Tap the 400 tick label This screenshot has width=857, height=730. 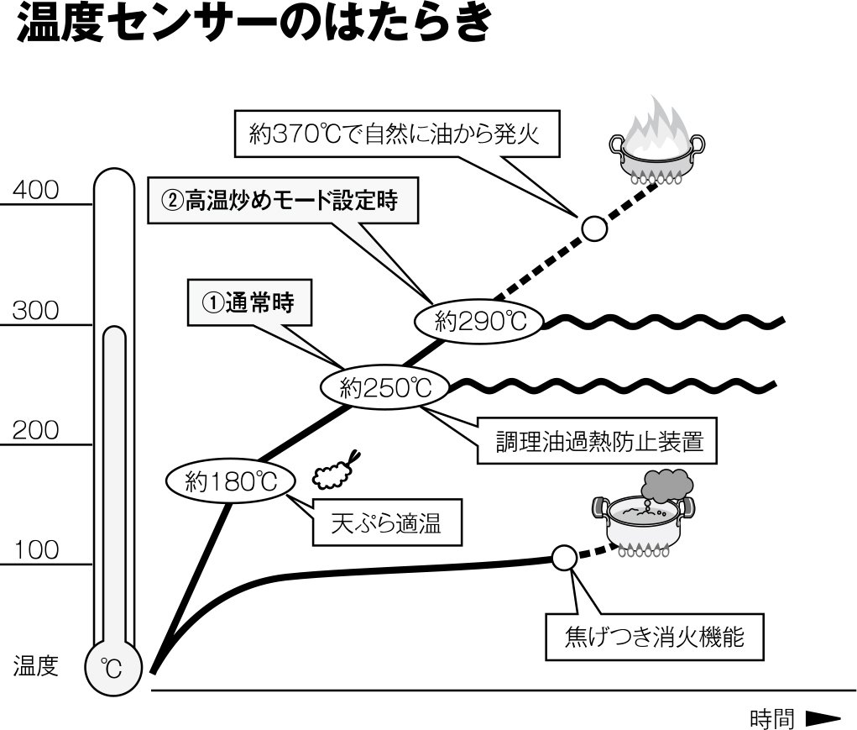coord(35,191)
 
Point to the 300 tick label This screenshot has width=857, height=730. coord(35,311)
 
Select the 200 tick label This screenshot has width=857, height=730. coord(35,431)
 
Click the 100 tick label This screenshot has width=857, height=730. coord(35,551)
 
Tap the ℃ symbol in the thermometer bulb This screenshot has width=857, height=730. coord(112,669)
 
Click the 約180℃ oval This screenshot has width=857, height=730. coord(230,482)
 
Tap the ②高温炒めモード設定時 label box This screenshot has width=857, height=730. coord(283,202)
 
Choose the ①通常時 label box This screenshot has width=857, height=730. coord(248,303)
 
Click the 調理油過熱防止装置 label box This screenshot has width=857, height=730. coord(598,439)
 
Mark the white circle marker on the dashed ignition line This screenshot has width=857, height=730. coord(594,228)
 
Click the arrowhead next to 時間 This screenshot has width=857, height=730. coord(823,718)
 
